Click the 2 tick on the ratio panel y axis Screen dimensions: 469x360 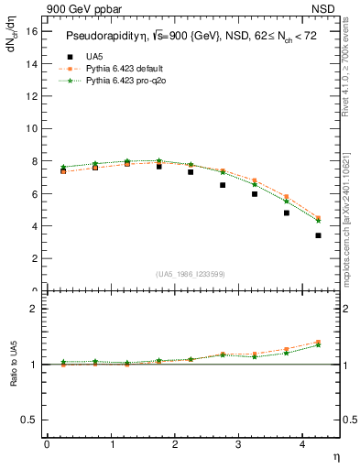tap(34, 309)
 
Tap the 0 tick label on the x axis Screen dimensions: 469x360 tap(47, 444)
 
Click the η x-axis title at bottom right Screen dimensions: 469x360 tap(334, 456)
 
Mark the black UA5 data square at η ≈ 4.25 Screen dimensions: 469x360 tap(318, 235)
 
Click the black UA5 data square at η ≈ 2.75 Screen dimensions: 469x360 tap(223, 185)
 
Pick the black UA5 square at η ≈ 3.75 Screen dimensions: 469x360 tap(287, 213)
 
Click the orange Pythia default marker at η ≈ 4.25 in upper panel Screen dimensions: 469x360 tap(318, 218)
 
